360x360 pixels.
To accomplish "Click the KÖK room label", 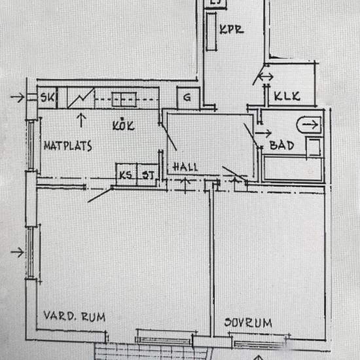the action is click(123, 125).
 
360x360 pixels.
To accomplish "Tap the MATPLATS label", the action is click(68, 146).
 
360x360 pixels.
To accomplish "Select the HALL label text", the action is click(185, 167).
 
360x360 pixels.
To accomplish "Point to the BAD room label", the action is click(281, 145).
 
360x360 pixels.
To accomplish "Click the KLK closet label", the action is click(287, 96).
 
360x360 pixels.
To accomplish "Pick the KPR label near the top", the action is click(232, 29).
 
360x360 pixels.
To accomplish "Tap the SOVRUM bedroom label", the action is click(248, 323).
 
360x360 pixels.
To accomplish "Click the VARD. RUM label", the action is click(75, 316).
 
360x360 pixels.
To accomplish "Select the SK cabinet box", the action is click(47, 98).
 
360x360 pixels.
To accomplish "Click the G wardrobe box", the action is click(188, 98).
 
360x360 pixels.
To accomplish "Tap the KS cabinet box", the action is click(126, 175).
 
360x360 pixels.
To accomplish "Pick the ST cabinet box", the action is click(148, 175).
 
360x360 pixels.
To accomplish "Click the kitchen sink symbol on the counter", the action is click(124, 99).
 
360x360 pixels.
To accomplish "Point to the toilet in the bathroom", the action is click(309, 125).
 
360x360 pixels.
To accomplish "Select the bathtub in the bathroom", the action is click(293, 168).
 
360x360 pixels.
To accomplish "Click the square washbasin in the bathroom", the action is click(314, 147).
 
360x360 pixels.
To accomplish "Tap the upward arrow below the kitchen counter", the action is click(81, 120).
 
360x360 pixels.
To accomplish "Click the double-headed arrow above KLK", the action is click(266, 77).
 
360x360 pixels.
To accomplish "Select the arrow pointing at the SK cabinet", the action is click(18, 97).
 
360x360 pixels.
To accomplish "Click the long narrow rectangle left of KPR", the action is click(211, 31).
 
